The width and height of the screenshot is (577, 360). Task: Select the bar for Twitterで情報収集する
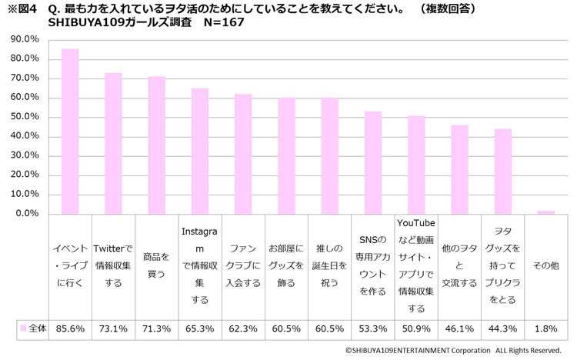point(113,143)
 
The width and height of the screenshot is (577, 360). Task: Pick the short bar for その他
point(546,212)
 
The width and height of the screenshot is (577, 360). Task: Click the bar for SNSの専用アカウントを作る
point(372,162)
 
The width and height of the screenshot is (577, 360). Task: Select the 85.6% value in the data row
point(70,328)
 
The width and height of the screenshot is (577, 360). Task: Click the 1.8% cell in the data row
point(546,328)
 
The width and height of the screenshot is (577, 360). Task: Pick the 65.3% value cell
point(200,328)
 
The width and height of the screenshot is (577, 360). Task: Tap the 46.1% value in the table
point(459,328)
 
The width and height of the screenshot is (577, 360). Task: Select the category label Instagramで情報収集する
point(200,265)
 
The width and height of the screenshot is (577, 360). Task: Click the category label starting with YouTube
point(416,265)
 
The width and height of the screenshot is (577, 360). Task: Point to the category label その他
point(546,265)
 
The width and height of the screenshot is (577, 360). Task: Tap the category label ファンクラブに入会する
point(243,265)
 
